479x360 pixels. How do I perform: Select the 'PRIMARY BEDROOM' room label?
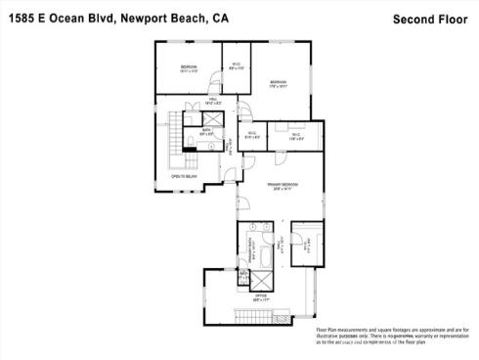[x=283, y=186]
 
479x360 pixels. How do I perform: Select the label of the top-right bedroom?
[x=279, y=83]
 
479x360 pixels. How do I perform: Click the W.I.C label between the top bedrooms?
[x=236, y=67]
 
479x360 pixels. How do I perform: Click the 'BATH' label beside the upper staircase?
[x=207, y=132]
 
